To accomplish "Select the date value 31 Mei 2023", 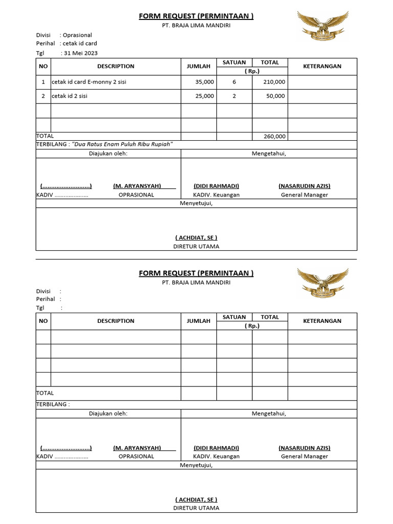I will pos(80,53).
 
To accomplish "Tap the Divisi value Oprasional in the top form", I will pos(77,35).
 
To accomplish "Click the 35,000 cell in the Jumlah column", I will pos(205,82).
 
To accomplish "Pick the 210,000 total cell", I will pos(275,82).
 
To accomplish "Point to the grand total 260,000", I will pos(275,137).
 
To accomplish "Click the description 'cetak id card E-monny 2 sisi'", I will pos(89,82).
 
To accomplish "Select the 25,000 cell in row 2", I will pos(205,96).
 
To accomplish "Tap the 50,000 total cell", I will pos(276,96).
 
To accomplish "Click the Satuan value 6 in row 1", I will pos(234,82).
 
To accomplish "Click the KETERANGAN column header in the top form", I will pos(322,66).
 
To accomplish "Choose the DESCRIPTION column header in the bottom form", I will pos(116,321).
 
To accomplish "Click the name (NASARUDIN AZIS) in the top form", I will pos(304,186).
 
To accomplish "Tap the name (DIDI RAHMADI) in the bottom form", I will pos(216,447).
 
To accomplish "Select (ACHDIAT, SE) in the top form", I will pos(196,237).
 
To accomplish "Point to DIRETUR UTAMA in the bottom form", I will pos(196,508).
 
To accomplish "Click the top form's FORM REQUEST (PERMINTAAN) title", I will pos(196,16).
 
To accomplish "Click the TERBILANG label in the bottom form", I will pos(52,404).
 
